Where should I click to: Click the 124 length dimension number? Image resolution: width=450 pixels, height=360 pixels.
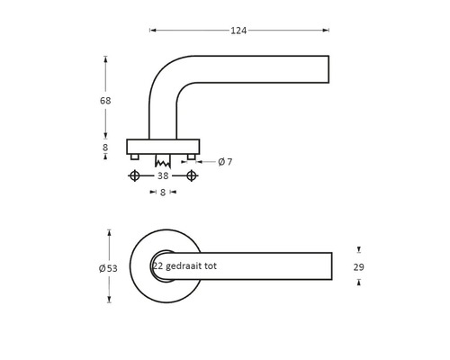238,31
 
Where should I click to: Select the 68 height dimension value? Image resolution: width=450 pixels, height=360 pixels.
105,101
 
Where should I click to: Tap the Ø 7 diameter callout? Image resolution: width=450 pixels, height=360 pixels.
225,162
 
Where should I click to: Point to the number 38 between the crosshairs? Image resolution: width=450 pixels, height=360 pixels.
163,176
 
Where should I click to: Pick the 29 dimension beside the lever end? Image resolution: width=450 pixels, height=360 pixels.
358,267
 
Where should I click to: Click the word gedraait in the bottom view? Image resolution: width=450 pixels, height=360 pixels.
185,266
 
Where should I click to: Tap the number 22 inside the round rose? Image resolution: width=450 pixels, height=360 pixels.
158,266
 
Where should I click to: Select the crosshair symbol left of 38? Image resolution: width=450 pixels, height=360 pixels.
135,176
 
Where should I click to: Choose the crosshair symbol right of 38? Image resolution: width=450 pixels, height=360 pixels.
191,176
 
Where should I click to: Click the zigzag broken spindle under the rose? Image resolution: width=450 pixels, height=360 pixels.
163,163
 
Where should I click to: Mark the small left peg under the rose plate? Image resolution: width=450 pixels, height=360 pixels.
135,157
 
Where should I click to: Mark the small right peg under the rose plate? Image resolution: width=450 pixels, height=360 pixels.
191,157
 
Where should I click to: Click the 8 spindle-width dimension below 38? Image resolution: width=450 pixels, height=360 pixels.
163,193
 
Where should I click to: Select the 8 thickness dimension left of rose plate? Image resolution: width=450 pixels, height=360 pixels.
105,147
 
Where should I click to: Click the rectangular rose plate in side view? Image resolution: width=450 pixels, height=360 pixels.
163,146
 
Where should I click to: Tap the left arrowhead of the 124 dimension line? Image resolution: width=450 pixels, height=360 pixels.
152,31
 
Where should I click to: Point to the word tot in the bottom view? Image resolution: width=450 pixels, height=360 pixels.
210,266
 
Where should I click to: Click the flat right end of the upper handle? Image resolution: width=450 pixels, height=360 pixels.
328,70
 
